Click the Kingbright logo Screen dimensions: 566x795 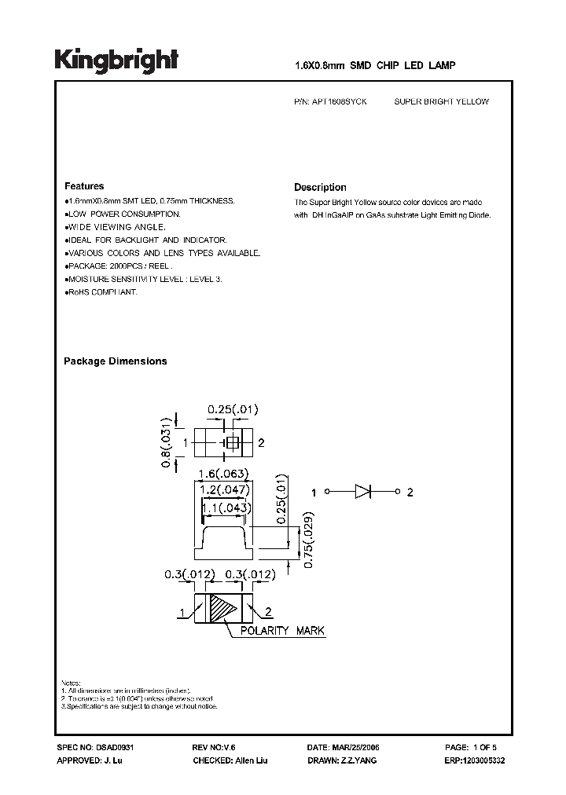pyautogui.click(x=116, y=61)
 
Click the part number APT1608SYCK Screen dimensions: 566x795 pyautogui.click(x=344, y=102)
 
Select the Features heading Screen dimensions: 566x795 pyautogui.click(x=84, y=186)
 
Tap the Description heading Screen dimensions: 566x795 pyautogui.click(x=320, y=187)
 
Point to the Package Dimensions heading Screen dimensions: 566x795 pyautogui.click(x=115, y=361)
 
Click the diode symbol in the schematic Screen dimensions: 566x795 pyautogui.click(x=362, y=493)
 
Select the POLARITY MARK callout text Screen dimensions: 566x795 pyautogui.click(x=282, y=631)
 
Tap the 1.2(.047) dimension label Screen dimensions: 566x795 pyautogui.click(x=223, y=489)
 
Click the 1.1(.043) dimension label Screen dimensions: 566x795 pyautogui.click(x=226, y=507)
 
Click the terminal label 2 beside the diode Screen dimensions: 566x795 pyautogui.click(x=410, y=493)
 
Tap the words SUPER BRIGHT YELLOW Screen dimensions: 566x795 pyautogui.click(x=441, y=102)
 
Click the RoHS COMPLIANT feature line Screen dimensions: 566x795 pyautogui.click(x=102, y=292)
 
